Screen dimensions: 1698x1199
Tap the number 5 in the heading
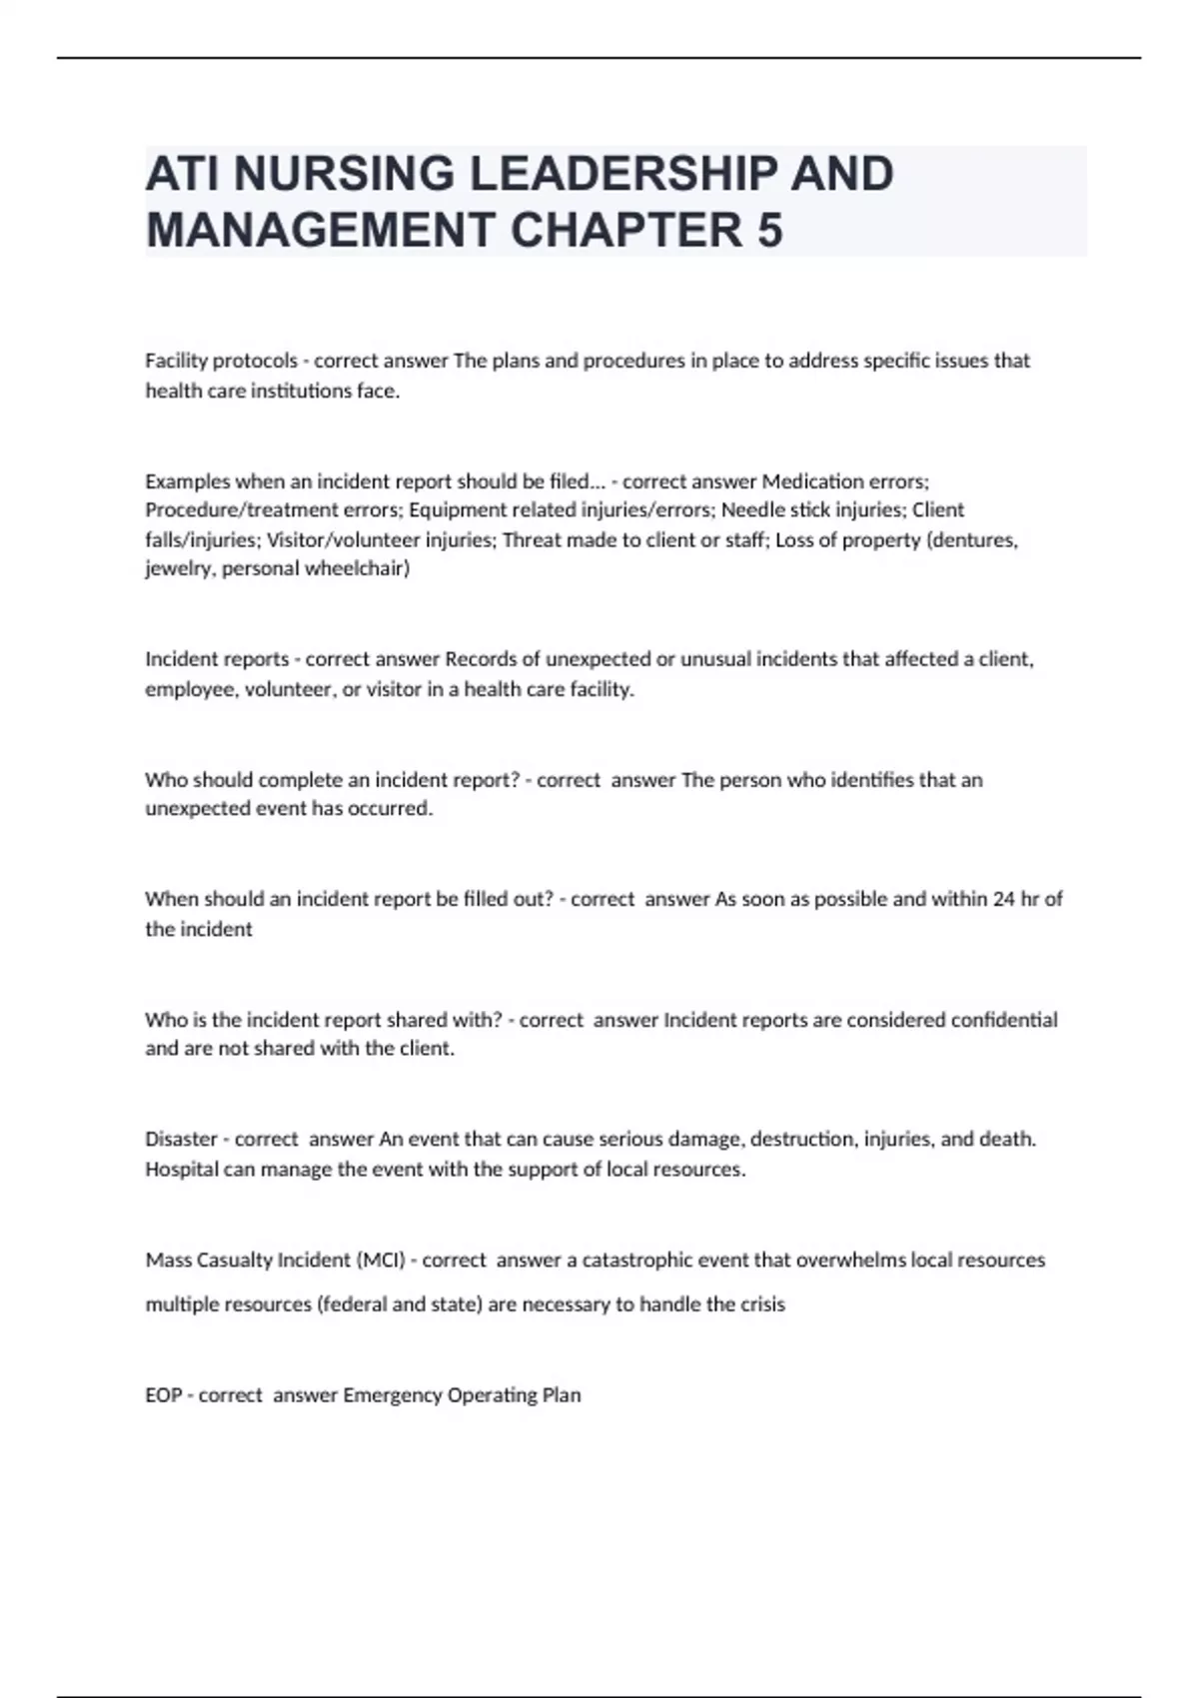point(769,231)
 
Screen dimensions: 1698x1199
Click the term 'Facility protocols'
point(221,361)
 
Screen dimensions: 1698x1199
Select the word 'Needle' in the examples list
point(750,510)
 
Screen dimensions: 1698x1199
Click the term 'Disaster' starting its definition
point(181,1140)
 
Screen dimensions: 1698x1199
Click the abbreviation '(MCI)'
point(381,1261)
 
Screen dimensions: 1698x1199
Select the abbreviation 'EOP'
point(163,1395)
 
